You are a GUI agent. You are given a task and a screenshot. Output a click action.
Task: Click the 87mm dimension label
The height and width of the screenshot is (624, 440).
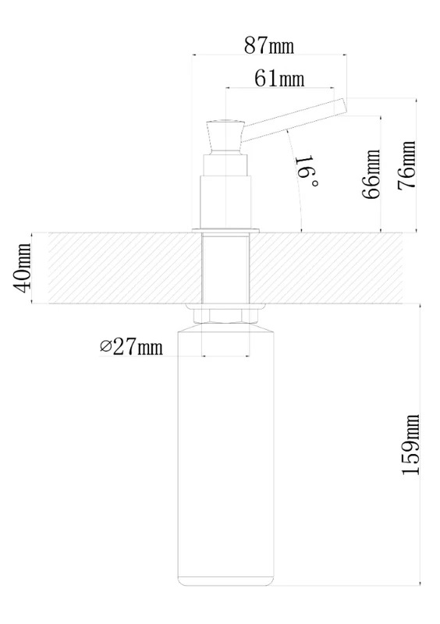(x=269, y=45)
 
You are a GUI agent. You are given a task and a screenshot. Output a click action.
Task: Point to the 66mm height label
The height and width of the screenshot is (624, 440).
(x=371, y=174)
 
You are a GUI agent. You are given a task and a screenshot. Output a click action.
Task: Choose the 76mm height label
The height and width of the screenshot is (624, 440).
(x=406, y=165)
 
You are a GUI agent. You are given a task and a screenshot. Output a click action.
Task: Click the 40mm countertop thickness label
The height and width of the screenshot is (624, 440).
(x=22, y=268)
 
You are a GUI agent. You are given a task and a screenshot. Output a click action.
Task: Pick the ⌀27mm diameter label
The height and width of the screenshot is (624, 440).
(x=131, y=346)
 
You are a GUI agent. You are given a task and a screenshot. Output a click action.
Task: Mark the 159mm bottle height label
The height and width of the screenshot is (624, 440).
(x=411, y=445)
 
